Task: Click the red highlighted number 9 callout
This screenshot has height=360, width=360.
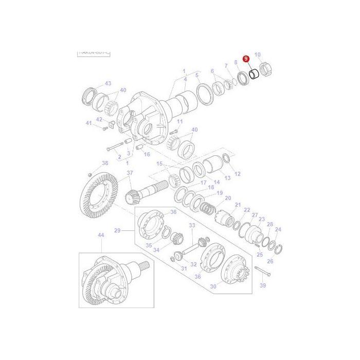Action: tap(246, 60)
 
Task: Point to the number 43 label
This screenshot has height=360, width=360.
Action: tap(107, 83)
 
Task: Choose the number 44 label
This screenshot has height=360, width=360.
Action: tap(101, 235)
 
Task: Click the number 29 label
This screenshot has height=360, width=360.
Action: tap(117, 231)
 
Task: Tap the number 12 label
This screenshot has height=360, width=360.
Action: tap(238, 174)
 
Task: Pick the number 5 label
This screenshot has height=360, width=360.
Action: tap(196, 76)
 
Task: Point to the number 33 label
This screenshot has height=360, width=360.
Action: tap(192, 225)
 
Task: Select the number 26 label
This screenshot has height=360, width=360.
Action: tap(270, 261)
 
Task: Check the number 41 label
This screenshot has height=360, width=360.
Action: tap(88, 123)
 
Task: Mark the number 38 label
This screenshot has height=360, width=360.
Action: tap(105, 163)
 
